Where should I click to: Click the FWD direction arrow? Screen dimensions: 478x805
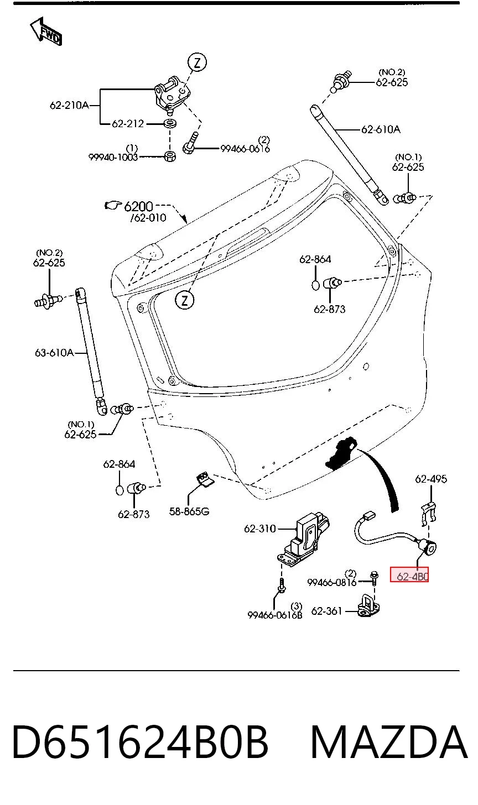pos(46,32)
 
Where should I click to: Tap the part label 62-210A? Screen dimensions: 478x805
pos(69,105)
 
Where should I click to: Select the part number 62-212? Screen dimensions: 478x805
pos(128,124)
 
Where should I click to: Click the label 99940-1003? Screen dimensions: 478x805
pos(113,157)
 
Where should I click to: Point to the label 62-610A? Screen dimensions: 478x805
pos(381,129)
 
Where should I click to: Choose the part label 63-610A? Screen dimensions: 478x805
pos(54,353)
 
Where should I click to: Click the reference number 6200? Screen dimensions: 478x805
pos(138,206)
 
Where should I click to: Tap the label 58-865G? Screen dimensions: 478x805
pos(189,511)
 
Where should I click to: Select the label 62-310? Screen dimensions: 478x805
pos(259,529)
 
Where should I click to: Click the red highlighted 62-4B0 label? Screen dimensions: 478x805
pos(409,577)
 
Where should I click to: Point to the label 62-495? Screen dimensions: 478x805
pos(431,479)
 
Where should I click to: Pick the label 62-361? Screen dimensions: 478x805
pos(326,611)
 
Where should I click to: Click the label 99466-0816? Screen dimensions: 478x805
pos(331,582)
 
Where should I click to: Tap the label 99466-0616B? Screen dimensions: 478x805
pos(275,615)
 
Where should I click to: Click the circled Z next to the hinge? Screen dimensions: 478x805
pos(197,63)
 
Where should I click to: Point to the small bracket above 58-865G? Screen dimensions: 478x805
pos(205,480)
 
